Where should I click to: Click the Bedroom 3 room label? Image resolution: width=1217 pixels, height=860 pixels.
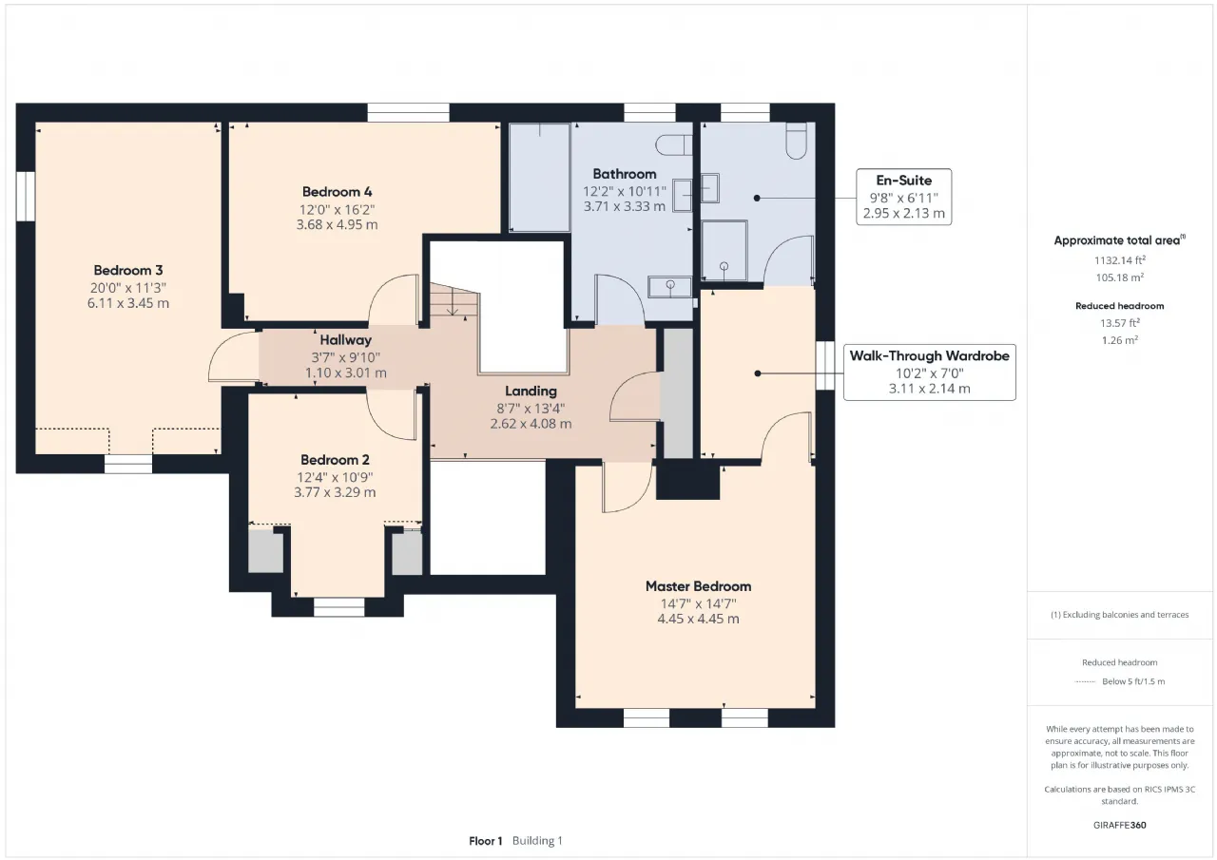(128, 270)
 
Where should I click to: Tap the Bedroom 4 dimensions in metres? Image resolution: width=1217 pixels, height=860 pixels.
(337, 225)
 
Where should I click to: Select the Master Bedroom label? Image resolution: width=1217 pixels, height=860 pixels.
(698, 586)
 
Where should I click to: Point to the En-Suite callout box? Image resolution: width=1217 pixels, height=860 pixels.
(903, 197)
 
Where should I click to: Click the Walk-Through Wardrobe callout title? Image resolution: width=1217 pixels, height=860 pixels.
(930, 355)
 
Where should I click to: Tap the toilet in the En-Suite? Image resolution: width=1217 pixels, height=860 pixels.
(796, 141)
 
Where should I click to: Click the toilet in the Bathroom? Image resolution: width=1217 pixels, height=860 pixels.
(674, 145)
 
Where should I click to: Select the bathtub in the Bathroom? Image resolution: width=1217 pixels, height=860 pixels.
(539, 178)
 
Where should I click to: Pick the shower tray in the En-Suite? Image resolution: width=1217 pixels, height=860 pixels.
(724, 250)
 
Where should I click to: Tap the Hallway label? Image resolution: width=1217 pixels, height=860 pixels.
(345, 340)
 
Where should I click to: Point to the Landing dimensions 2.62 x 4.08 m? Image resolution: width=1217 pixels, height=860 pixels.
(531, 424)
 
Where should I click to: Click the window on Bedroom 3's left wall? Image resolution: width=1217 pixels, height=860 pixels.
(26, 196)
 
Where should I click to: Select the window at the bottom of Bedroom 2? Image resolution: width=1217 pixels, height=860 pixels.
(339, 607)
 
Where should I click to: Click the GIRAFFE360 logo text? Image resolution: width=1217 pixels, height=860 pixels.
(1120, 825)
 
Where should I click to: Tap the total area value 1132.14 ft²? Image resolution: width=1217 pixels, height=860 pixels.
(1120, 260)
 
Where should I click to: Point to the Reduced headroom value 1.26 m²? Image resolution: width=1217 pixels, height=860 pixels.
(1120, 340)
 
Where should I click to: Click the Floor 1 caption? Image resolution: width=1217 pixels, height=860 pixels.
(485, 841)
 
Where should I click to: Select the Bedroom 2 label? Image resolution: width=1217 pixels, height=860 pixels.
(335, 459)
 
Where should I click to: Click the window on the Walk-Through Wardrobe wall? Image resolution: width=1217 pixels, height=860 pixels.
(825, 366)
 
